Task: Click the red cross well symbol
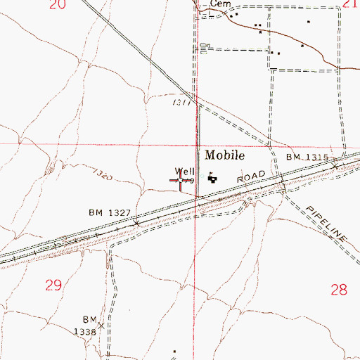point(181,181)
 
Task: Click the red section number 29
point(53,285)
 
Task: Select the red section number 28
point(338,288)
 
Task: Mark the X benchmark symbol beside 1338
point(101,325)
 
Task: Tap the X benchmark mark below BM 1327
point(136,223)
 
